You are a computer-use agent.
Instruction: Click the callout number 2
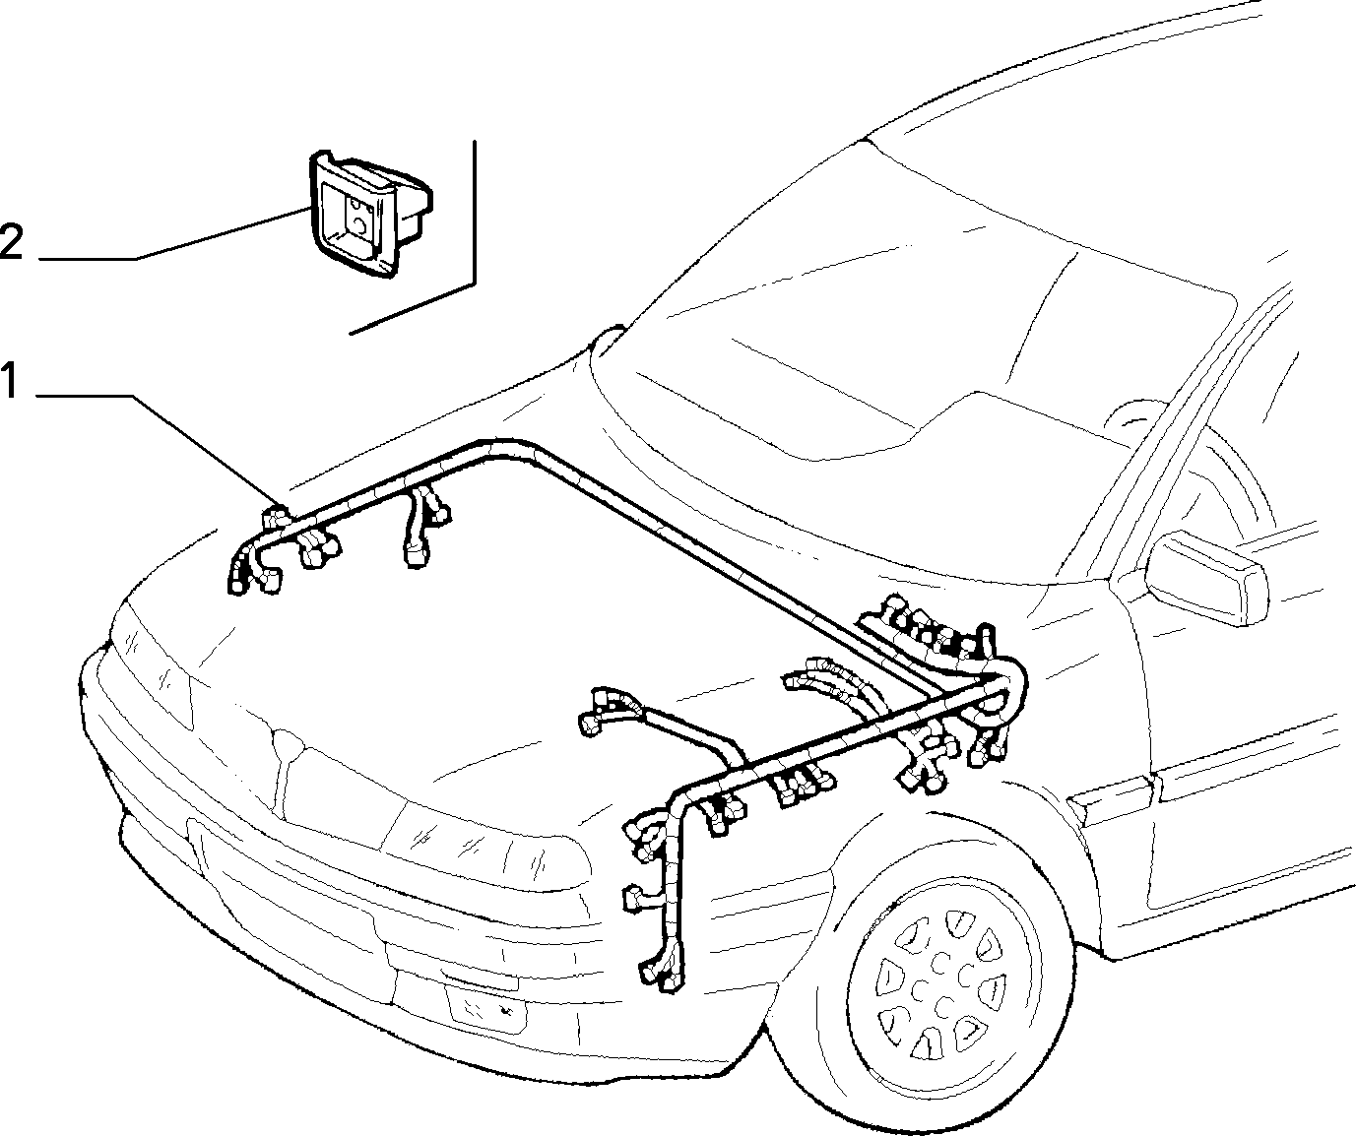point(11,242)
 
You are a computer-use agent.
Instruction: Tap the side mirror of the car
point(1206,578)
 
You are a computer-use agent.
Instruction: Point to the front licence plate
point(487,1009)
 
